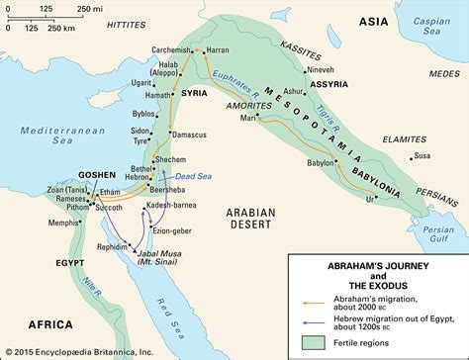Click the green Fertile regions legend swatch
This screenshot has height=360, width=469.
click(310, 343)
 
